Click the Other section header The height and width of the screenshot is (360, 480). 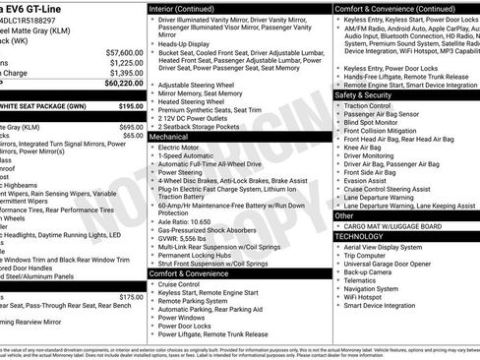(x=344, y=214)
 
